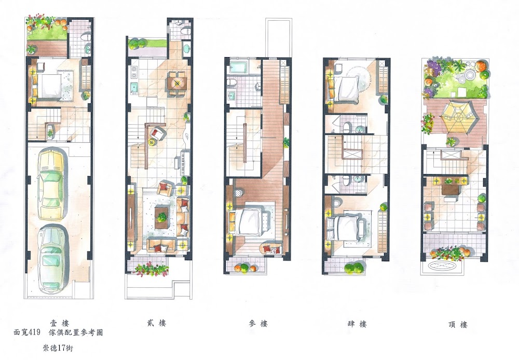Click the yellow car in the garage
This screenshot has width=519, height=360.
(51, 185)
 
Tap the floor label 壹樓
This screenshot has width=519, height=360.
(60, 323)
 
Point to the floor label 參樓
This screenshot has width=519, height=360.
(258, 324)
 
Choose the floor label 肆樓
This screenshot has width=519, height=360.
(357, 324)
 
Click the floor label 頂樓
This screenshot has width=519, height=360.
(458, 324)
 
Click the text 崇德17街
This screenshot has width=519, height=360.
(58, 348)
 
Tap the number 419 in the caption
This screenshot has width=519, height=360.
(35, 332)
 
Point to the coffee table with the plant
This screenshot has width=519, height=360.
(162, 218)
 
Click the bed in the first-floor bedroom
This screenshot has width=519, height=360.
(47, 86)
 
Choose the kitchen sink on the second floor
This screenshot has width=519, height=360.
(134, 87)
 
